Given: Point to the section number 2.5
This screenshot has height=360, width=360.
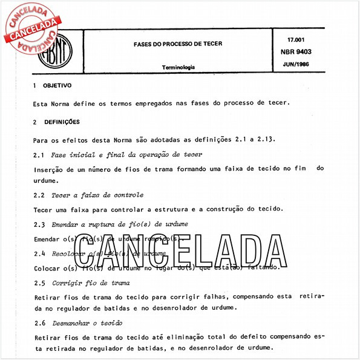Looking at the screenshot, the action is (x=39, y=283).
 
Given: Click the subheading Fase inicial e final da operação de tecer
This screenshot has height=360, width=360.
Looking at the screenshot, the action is (x=126, y=155).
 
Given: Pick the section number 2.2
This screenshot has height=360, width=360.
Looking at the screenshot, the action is (x=39, y=195).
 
